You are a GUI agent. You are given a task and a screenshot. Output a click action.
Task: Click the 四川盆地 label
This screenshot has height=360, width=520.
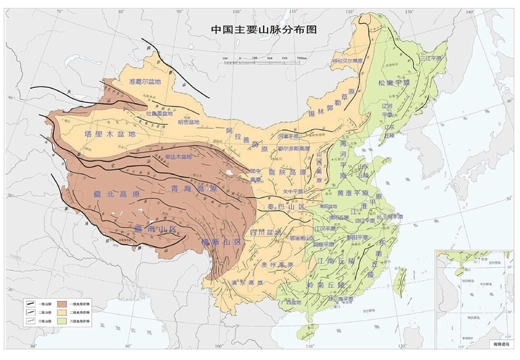(x=265, y=233)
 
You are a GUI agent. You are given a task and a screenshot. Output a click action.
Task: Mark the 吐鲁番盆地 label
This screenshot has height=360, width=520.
(x=158, y=113)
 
